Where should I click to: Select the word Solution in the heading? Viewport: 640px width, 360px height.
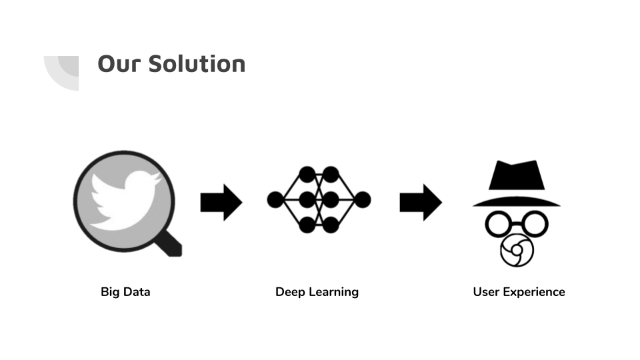pos(197,64)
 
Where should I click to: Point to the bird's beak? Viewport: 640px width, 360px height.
pos(158,179)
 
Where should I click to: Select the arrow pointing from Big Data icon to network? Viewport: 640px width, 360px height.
pos(221,201)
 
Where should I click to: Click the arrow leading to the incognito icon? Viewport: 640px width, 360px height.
pos(420,201)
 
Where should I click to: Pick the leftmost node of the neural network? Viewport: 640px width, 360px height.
pos(275,199)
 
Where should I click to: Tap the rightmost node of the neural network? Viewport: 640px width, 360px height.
pos(363,199)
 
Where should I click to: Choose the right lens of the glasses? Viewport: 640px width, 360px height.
pos(534,224)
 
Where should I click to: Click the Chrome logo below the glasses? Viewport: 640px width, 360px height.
pos(516,251)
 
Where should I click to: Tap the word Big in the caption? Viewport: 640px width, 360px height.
pos(110,292)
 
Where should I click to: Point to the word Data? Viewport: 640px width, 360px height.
pos(136,292)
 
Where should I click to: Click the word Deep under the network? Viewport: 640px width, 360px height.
pos(290,292)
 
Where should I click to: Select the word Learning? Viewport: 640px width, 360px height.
pos(333,292)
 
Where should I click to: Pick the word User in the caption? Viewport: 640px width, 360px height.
pos(486,292)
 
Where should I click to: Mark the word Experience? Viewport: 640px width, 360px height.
pos(534,292)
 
